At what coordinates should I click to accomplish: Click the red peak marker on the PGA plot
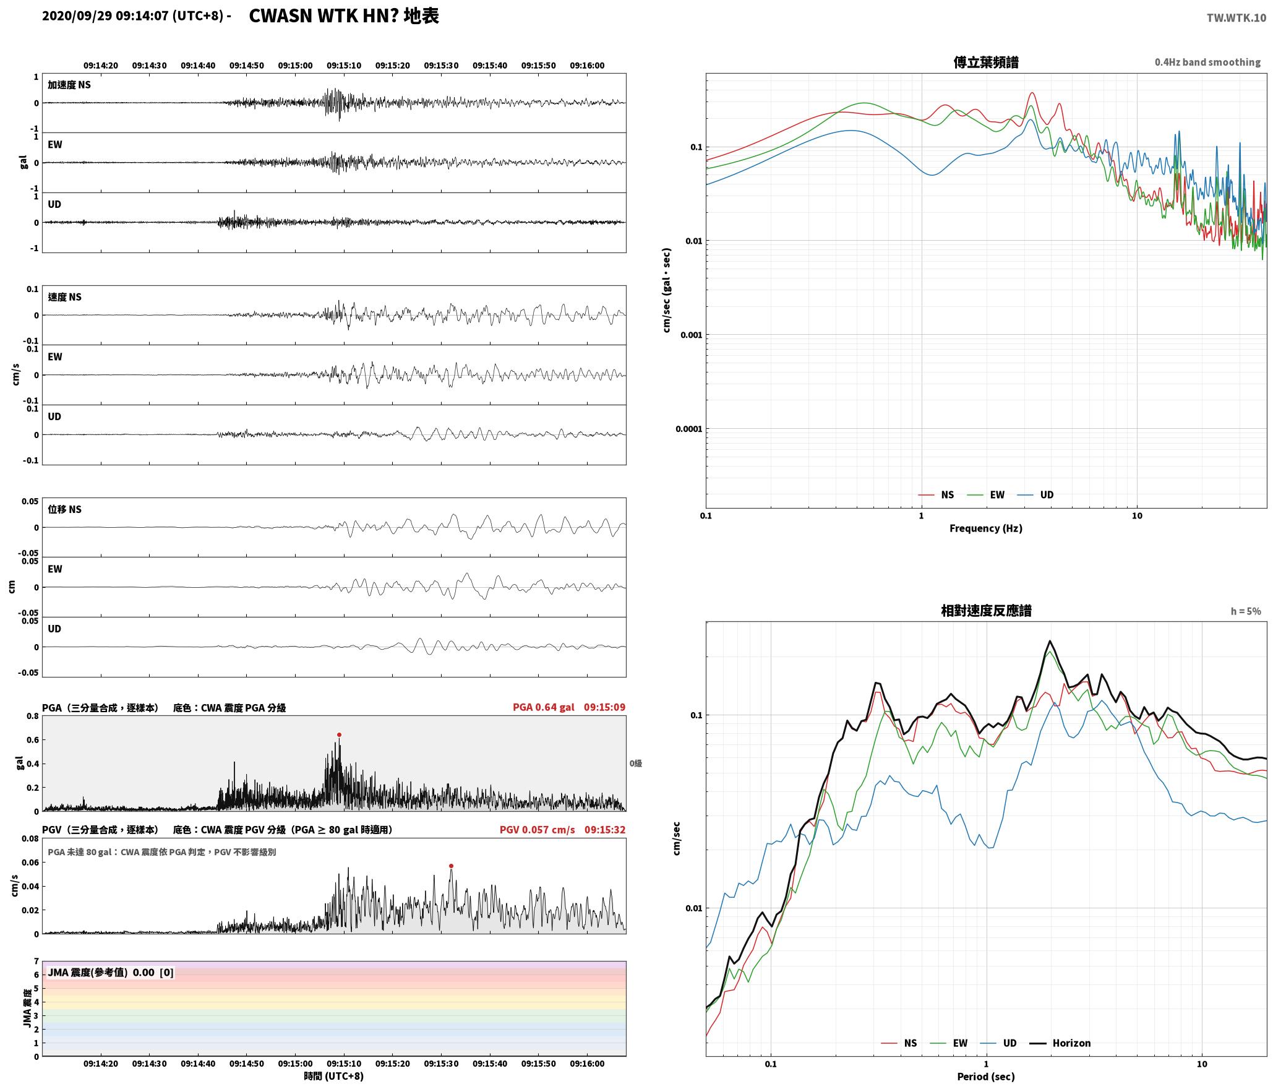pyautogui.click(x=339, y=734)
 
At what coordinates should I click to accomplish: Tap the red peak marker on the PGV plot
pyautogui.click(x=451, y=866)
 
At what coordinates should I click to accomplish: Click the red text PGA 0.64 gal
pyautogui.click(x=543, y=707)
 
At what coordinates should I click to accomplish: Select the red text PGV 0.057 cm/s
pyautogui.click(x=537, y=830)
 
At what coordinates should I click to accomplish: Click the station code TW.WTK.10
pyautogui.click(x=1236, y=18)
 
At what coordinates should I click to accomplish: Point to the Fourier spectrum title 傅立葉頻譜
pyautogui.click(x=986, y=62)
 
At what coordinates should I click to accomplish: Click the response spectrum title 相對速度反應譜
pyautogui.click(x=986, y=611)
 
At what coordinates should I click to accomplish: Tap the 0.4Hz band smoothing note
pyautogui.click(x=1207, y=62)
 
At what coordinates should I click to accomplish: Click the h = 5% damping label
pyautogui.click(x=1245, y=611)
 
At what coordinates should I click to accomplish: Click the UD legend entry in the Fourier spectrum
pyautogui.click(x=1036, y=494)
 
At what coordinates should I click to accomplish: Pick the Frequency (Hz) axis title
pyautogui.click(x=986, y=528)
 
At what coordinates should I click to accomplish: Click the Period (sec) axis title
pyautogui.click(x=986, y=1077)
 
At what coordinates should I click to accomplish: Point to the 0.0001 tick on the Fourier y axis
pyautogui.click(x=689, y=429)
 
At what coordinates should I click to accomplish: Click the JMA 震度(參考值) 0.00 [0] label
pyautogui.click(x=111, y=972)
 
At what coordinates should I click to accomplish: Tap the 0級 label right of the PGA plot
pyautogui.click(x=636, y=764)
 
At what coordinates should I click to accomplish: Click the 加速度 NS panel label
pyautogui.click(x=69, y=85)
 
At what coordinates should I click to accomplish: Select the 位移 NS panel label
pyautogui.click(x=65, y=509)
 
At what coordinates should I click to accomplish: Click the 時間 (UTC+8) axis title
pyautogui.click(x=334, y=1076)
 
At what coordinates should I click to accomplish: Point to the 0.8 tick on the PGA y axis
pyautogui.click(x=33, y=716)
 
